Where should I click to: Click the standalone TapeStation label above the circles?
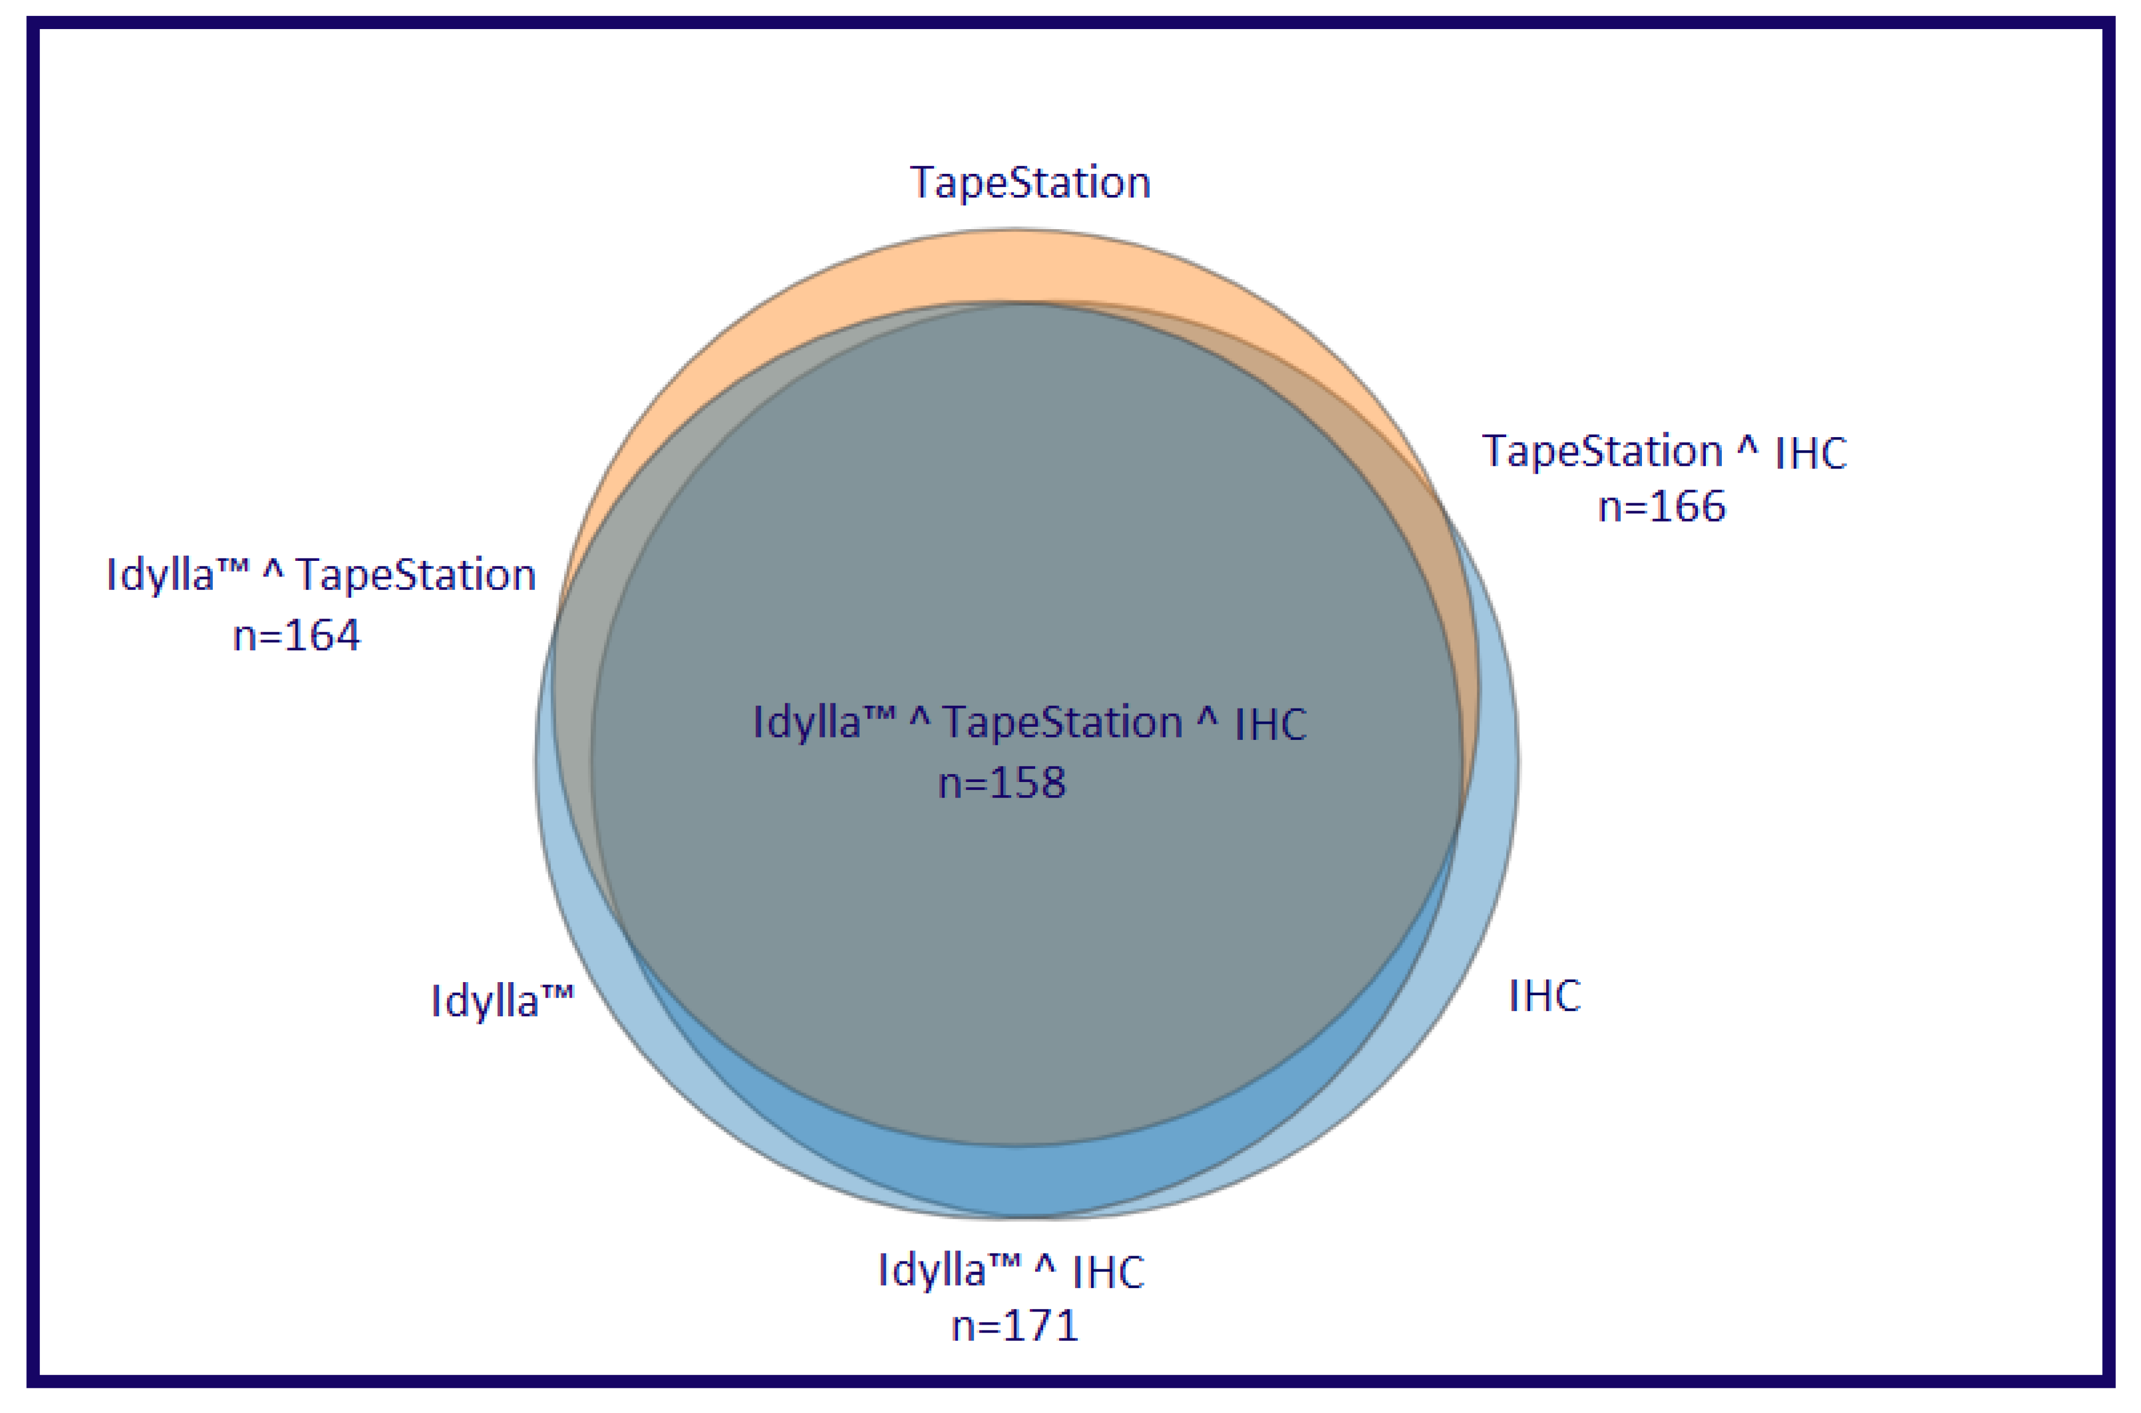click(1031, 183)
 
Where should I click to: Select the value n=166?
click(1661, 507)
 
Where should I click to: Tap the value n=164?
click(297, 636)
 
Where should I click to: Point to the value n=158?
click(1001, 782)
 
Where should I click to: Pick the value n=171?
click(1015, 1326)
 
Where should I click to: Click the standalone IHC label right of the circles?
click(1545, 996)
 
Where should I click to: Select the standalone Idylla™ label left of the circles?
click(502, 1001)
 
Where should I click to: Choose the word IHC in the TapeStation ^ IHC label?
click(1811, 453)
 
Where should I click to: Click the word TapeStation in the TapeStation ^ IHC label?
click(1602, 450)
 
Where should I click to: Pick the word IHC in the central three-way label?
click(1270, 724)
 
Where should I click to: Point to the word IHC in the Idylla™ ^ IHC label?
click(1108, 1272)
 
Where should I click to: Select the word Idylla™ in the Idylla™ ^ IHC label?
click(949, 1271)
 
